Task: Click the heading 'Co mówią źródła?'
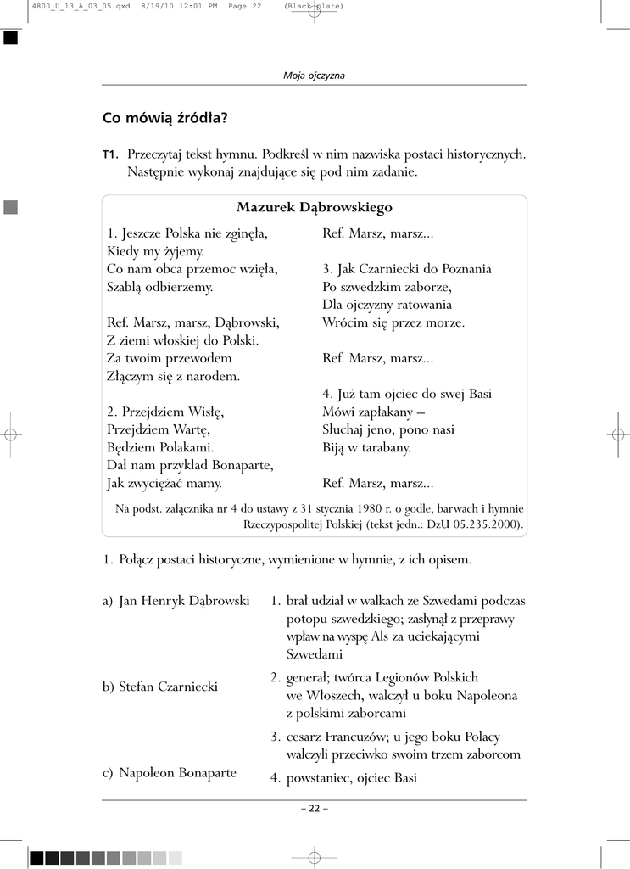coord(165,118)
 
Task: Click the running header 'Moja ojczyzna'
coord(314,76)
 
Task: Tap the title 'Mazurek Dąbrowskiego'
coord(314,207)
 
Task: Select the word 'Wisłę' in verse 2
coord(206,412)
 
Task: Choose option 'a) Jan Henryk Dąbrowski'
coord(176,601)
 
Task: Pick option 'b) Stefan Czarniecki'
coord(160,687)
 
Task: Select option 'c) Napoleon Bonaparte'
coord(170,773)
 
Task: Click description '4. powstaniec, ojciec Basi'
coord(344,777)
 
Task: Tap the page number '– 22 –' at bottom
coord(314,808)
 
